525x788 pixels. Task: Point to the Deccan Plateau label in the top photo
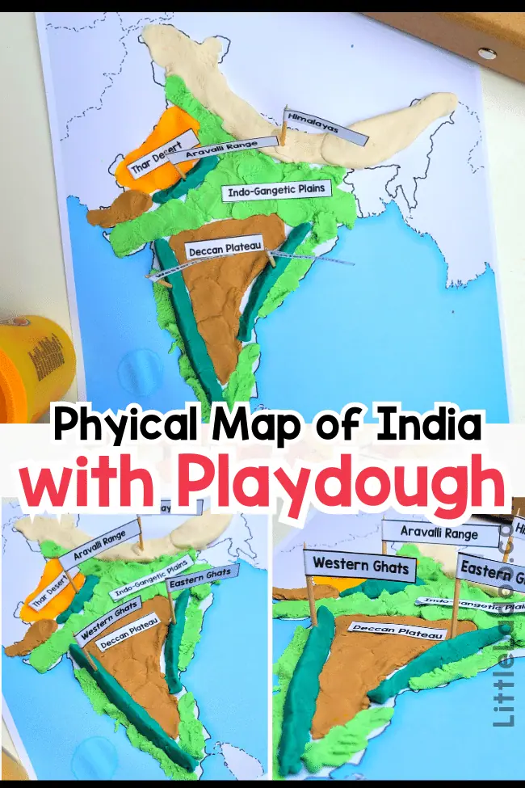click(x=225, y=249)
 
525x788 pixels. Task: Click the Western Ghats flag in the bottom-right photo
click(x=361, y=565)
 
